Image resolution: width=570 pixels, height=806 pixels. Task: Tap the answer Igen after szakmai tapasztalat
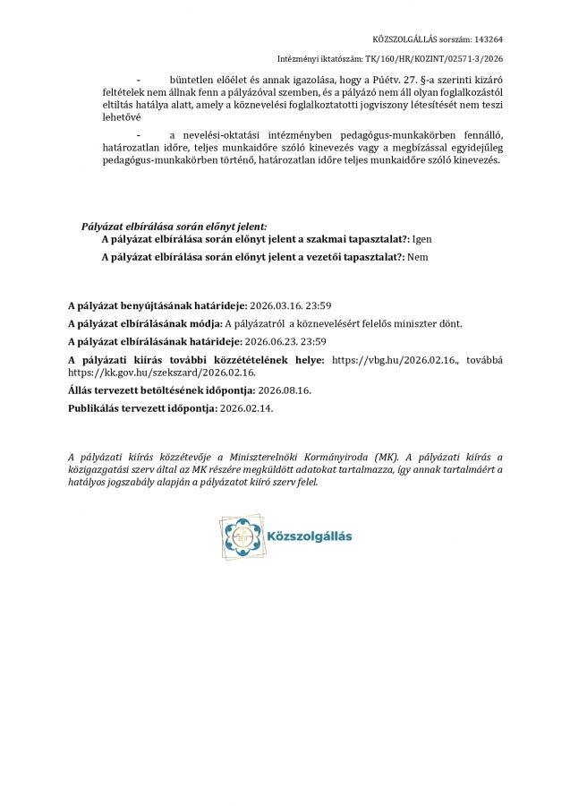pos(423,240)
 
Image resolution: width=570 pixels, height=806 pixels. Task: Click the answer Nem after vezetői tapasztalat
pos(417,257)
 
